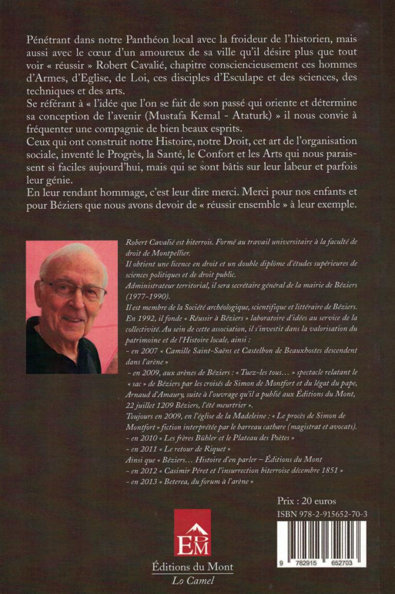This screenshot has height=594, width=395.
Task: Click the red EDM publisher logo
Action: pos(192,532)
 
